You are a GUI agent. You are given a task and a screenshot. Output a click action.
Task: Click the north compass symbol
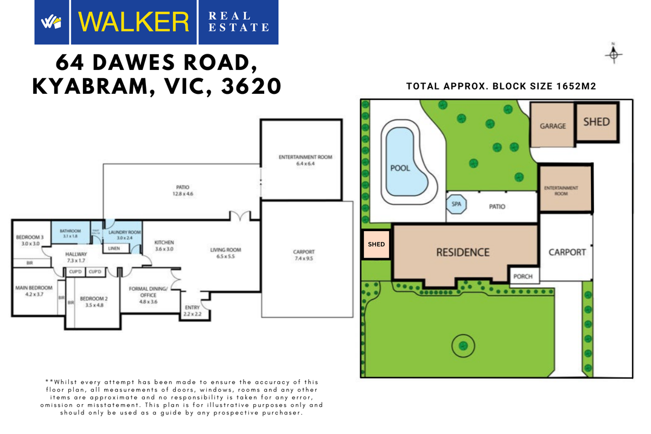click(614, 54)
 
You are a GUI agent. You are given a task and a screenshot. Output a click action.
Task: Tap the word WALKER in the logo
click(133, 22)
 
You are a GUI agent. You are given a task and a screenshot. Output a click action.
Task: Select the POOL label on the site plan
click(400, 168)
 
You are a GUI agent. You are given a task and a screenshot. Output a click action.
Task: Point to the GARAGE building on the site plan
click(552, 126)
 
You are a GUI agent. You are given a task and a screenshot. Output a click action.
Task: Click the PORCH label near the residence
click(523, 276)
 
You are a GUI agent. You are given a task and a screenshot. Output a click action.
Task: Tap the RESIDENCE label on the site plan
click(463, 252)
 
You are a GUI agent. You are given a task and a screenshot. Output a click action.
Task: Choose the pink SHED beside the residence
click(376, 244)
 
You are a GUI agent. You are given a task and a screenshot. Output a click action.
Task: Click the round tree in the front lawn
click(463, 344)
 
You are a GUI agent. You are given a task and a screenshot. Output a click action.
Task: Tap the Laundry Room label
click(124, 235)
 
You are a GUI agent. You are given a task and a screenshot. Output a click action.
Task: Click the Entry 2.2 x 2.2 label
click(192, 311)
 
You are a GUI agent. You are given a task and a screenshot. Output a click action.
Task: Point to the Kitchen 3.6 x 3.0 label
click(164, 245)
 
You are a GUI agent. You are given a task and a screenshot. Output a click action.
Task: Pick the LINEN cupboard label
click(114, 248)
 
